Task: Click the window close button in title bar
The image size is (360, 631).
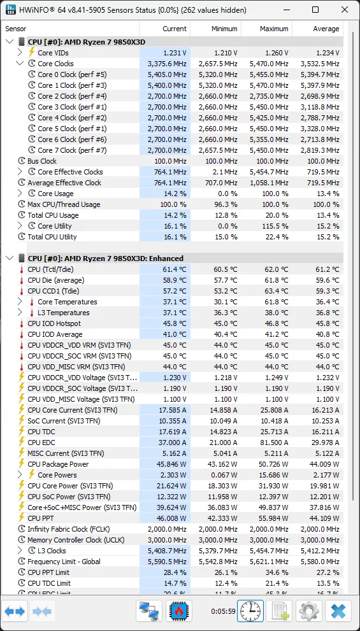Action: [x=343, y=10]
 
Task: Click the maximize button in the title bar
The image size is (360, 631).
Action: [x=315, y=10]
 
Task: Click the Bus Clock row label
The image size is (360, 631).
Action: [x=42, y=161]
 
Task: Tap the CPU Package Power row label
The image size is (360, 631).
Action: [x=58, y=464]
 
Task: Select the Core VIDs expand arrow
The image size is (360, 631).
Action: [x=20, y=53]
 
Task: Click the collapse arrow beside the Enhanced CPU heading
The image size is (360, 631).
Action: [x=9, y=259]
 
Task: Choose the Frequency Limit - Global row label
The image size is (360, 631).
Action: [x=64, y=562]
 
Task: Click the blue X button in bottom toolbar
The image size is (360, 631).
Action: [x=338, y=612]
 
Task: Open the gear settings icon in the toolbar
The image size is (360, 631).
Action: [x=309, y=612]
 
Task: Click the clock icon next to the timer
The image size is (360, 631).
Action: [x=250, y=612]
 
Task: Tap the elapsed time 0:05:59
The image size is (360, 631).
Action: [x=223, y=612]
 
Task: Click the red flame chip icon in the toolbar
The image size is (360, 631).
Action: [x=180, y=612]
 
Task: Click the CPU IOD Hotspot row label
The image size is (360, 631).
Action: [x=54, y=323]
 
